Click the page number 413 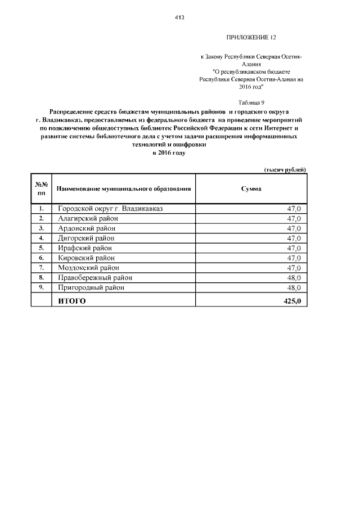(x=179, y=17)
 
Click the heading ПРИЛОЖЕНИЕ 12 (x=251, y=38)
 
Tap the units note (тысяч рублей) (x=285, y=169)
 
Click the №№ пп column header (x=41, y=189)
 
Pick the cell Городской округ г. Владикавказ (x=110, y=209)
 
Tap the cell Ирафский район (x=85, y=248)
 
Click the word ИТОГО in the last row (x=72, y=301)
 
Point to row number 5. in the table (x=41, y=248)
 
